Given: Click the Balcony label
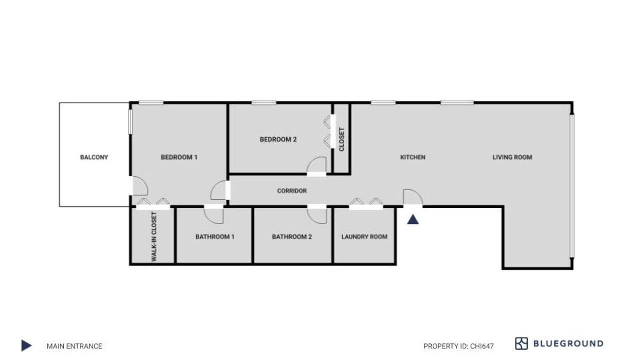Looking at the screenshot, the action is click(x=94, y=157).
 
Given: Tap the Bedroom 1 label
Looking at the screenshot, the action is click(x=179, y=157).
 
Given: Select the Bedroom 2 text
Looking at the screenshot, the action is click(x=278, y=139).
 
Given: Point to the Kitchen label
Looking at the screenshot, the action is click(x=413, y=157).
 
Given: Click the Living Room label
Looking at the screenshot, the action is click(x=512, y=157).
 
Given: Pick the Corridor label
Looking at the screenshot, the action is click(x=292, y=191).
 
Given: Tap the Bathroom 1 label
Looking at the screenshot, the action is click(x=215, y=237).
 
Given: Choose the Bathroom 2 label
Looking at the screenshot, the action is click(x=292, y=237).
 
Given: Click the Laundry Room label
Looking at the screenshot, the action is click(x=364, y=237).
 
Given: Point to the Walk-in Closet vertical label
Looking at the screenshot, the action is click(x=154, y=237).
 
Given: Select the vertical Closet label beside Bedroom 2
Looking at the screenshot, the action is click(x=341, y=139).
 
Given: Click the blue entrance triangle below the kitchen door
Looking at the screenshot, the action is click(x=413, y=219).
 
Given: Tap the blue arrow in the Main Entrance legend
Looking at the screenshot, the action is click(x=26, y=345).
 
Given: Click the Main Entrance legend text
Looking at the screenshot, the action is click(x=74, y=346).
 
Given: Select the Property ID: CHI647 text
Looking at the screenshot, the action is click(x=458, y=346).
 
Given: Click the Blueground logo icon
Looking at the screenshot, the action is click(x=521, y=343).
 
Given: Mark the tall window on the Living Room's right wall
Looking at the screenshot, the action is click(x=572, y=186).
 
